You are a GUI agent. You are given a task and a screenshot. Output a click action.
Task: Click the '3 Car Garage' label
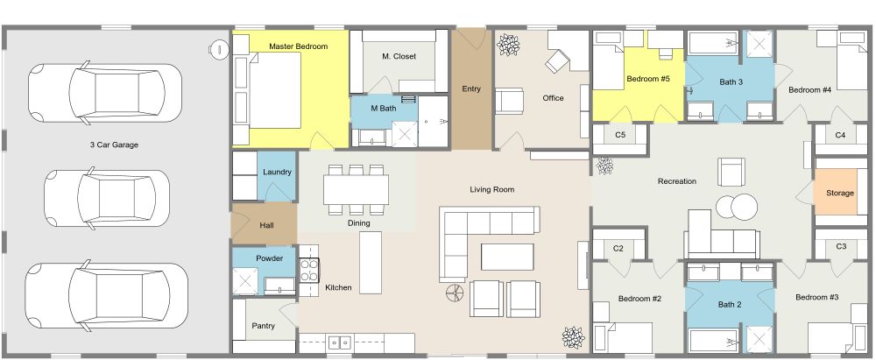115,145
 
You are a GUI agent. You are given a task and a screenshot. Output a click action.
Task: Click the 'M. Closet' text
399,56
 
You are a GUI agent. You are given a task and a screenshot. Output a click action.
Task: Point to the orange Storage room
835,193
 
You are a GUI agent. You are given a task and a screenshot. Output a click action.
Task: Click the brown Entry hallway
471,88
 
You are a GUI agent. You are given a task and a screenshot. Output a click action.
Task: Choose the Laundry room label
277,172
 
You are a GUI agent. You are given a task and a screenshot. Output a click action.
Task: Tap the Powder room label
270,258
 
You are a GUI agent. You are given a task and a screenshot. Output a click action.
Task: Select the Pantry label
264,326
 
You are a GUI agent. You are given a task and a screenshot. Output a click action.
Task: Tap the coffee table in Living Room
507,256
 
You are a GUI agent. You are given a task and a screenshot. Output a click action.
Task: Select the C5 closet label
619,135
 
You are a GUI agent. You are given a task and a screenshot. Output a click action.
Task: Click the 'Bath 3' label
731,81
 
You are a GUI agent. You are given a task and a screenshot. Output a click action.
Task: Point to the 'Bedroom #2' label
639,299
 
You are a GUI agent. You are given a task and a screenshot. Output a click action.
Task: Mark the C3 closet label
840,246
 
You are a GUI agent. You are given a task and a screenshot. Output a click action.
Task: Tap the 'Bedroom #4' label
809,89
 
